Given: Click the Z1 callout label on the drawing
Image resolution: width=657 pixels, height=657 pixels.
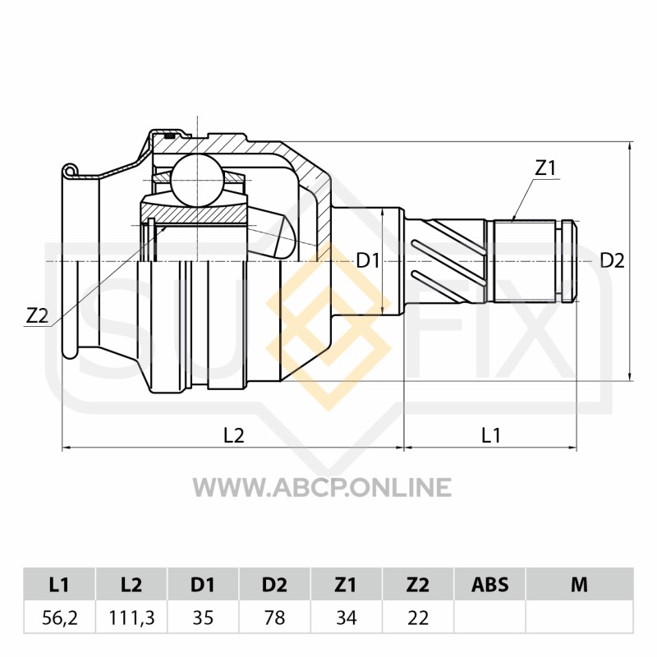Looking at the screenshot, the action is pos(545,168).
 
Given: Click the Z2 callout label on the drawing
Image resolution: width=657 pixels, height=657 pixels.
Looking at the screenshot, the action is pos(37,316).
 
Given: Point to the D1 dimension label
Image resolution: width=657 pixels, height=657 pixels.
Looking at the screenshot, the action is pos(367,261).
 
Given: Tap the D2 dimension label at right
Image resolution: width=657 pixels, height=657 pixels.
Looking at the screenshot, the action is pos(612,260).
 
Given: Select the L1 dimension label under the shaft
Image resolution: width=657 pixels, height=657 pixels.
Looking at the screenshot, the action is pos(491,435).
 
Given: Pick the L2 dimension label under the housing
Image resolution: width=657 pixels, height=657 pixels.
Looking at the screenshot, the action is pos(233,435).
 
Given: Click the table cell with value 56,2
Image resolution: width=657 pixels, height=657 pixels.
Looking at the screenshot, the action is pos(59,618).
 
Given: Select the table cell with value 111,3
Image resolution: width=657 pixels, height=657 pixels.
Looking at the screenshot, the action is pos(131,618).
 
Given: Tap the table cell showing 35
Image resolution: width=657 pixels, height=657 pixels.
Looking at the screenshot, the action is pos(203,618).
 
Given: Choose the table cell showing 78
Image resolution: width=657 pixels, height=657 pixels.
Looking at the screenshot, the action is pos(274,618).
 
